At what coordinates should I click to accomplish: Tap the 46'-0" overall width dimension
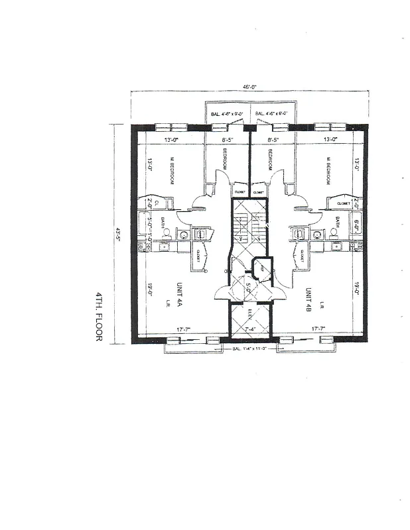click(249, 87)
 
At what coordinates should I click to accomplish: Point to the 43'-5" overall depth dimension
click(119, 235)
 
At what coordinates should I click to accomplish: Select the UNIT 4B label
click(308, 299)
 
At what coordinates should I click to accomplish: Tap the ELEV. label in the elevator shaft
click(250, 314)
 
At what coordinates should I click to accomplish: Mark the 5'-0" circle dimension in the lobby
click(249, 288)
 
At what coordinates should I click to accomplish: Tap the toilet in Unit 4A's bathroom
click(167, 233)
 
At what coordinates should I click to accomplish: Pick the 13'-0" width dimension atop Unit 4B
click(330, 140)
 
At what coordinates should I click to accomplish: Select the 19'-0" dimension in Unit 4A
click(150, 290)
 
